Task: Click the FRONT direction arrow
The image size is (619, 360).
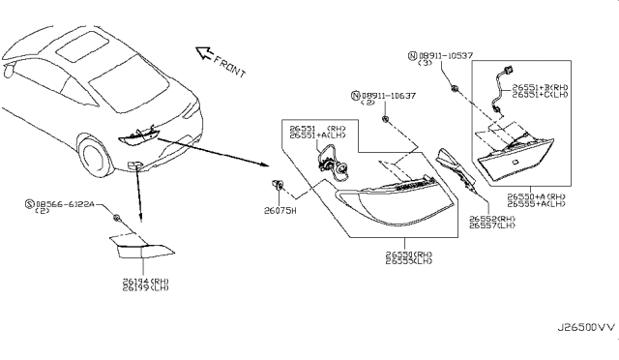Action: click(x=205, y=53)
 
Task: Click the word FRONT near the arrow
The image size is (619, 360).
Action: click(x=231, y=68)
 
